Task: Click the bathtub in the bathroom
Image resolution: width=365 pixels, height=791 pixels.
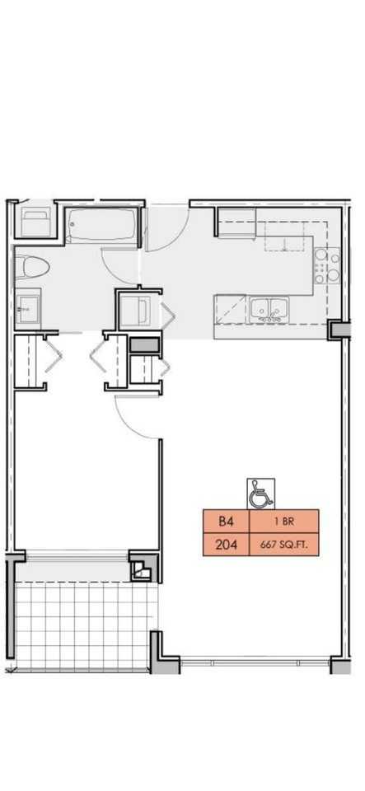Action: [x=102, y=225]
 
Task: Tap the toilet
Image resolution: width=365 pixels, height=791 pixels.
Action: [x=31, y=267]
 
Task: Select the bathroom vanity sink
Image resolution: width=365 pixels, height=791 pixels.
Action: [x=27, y=307]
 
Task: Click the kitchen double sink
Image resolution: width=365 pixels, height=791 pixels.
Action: [x=269, y=309]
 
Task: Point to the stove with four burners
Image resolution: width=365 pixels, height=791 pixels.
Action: [x=326, y=265]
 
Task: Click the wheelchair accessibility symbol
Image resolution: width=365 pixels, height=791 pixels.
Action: [x=260, y=494]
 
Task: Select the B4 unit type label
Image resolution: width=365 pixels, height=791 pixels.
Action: [x=226, y=521]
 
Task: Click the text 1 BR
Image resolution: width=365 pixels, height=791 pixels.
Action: [x=283, y=522]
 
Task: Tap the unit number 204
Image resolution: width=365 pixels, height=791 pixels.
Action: [x=227, y=545]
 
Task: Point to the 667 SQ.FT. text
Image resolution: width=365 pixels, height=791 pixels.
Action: [x=283, y=545]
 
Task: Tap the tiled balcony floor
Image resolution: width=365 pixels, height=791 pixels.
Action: [x=83, y=625]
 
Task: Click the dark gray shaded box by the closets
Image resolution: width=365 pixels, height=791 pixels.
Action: [x=144, y=345]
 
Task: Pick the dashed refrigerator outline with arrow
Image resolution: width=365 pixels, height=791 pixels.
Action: [x=285, y=236]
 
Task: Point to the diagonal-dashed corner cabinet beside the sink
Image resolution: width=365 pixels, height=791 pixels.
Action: [x=230, y=309]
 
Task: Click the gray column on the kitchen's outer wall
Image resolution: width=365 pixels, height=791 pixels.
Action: [x=339, y=330]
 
